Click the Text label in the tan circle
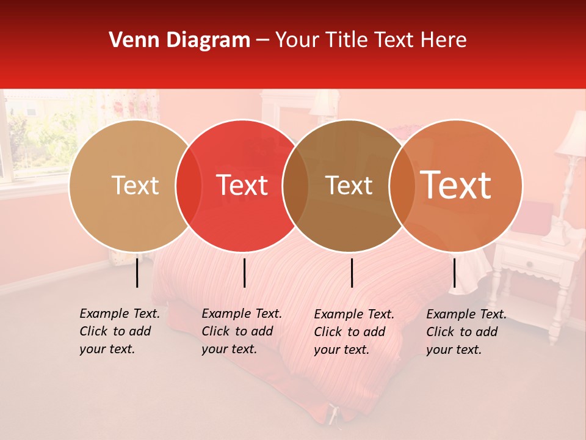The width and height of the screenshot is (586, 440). tap(135, 186)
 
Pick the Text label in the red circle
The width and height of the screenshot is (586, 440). tap(242, 186)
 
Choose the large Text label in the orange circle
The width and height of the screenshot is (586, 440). tap(456, 185)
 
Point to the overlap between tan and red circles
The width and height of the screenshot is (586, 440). tap(189, 186)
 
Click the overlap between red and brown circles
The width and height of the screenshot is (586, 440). tap(295, 186)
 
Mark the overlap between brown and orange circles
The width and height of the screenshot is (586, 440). tap(402, 186)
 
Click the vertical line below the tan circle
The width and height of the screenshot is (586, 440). tap(137, 273)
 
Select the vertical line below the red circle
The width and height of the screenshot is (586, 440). tap(244, 273)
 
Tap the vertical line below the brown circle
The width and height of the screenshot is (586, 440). tap(352, 273)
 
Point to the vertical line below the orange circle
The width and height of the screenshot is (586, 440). tap(454, 273)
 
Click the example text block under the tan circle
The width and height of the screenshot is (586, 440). tap(120, 331)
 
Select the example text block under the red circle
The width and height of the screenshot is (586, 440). tap(242, 331)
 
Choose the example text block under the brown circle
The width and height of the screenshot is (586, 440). tap(354, 332)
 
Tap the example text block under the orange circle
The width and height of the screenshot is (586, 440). tap(466, 332)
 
